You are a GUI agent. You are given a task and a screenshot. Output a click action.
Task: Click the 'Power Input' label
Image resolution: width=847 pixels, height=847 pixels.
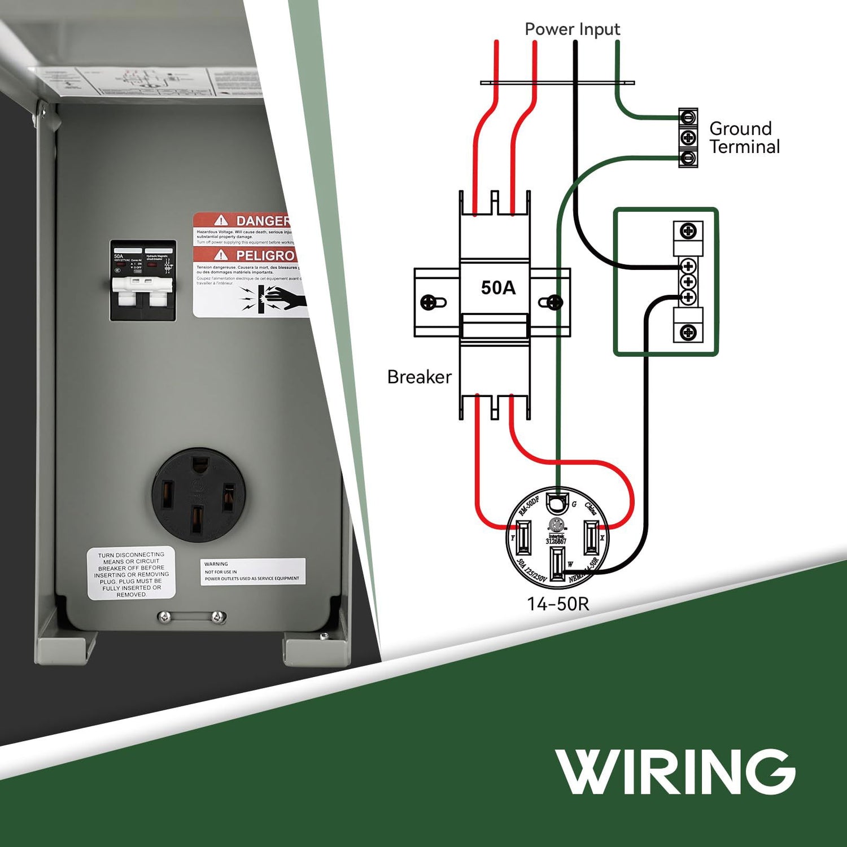click(572, 29)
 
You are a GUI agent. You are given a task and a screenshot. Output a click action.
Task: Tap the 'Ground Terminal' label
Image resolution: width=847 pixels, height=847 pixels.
click(744, 137)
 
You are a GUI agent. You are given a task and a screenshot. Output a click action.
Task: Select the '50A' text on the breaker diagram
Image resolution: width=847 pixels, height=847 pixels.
click(498, 288)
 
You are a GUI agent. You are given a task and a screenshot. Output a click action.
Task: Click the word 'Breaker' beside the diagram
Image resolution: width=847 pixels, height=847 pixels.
click(419, 377)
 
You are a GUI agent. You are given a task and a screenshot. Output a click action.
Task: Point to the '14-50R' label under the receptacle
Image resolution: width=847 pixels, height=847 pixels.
click(558, 604)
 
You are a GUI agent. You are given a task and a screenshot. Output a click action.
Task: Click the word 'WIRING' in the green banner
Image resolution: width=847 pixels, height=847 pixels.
click(675, 771)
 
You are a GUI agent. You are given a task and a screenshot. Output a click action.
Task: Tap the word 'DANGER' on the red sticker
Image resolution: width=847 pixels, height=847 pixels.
click(263, 221)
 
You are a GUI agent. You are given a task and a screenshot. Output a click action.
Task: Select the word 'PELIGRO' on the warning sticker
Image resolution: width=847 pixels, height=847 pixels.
click(265, 255)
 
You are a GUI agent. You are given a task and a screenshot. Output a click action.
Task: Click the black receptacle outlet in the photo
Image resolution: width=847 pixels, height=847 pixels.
click(198, 495)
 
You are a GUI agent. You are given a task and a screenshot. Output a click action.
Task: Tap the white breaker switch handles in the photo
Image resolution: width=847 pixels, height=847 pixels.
click(142, 285)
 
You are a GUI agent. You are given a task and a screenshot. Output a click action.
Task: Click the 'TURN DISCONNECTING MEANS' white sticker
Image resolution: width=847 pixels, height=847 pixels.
click(131, 574)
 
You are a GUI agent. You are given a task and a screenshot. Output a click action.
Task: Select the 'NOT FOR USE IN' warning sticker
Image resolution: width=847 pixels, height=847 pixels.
click(252, 571)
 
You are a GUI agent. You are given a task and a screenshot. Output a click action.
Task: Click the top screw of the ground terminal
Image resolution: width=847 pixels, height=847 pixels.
click(688, 117)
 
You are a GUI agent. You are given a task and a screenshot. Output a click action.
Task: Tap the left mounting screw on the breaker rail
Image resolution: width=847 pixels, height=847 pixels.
click(429, 303)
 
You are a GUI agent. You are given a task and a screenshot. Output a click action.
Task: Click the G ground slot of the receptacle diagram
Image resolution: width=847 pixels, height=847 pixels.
click(557, 501)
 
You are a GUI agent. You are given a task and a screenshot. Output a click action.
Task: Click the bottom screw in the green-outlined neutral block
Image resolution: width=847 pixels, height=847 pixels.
click(688, 332)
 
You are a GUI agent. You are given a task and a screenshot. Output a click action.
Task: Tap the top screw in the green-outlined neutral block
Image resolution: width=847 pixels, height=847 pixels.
click(688, 231)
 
